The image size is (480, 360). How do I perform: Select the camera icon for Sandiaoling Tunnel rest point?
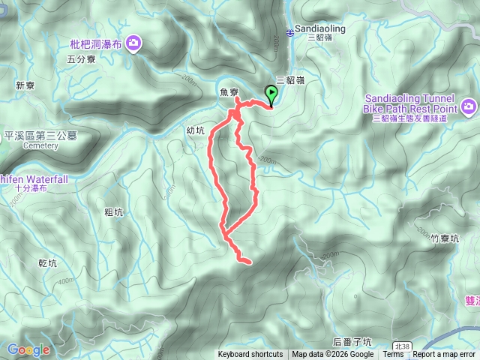(469, 106)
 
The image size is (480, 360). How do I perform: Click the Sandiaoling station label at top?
(319, 29)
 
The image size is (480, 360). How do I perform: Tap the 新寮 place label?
(25, 85)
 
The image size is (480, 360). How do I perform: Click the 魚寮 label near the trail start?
(229, 92)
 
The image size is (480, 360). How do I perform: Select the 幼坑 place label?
(195, 130)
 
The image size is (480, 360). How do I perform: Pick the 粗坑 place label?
(114, 212)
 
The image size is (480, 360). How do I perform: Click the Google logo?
(28, 349)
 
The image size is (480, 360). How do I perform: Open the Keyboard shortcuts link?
(250, 355)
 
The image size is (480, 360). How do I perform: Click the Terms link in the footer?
(393, 355)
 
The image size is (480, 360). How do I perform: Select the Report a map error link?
(444, 355)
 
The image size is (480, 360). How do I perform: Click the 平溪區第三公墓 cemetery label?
(40, 136)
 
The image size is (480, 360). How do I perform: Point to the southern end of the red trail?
(247, 261)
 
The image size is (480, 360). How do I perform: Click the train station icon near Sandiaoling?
(291, 31)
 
